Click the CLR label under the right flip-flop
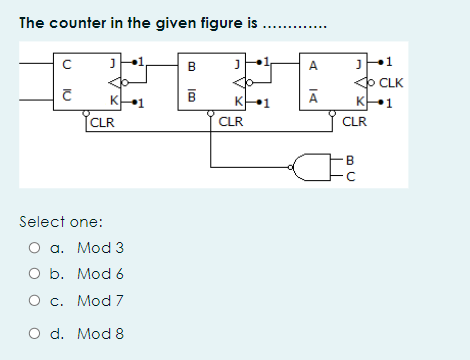click(354, 124)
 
